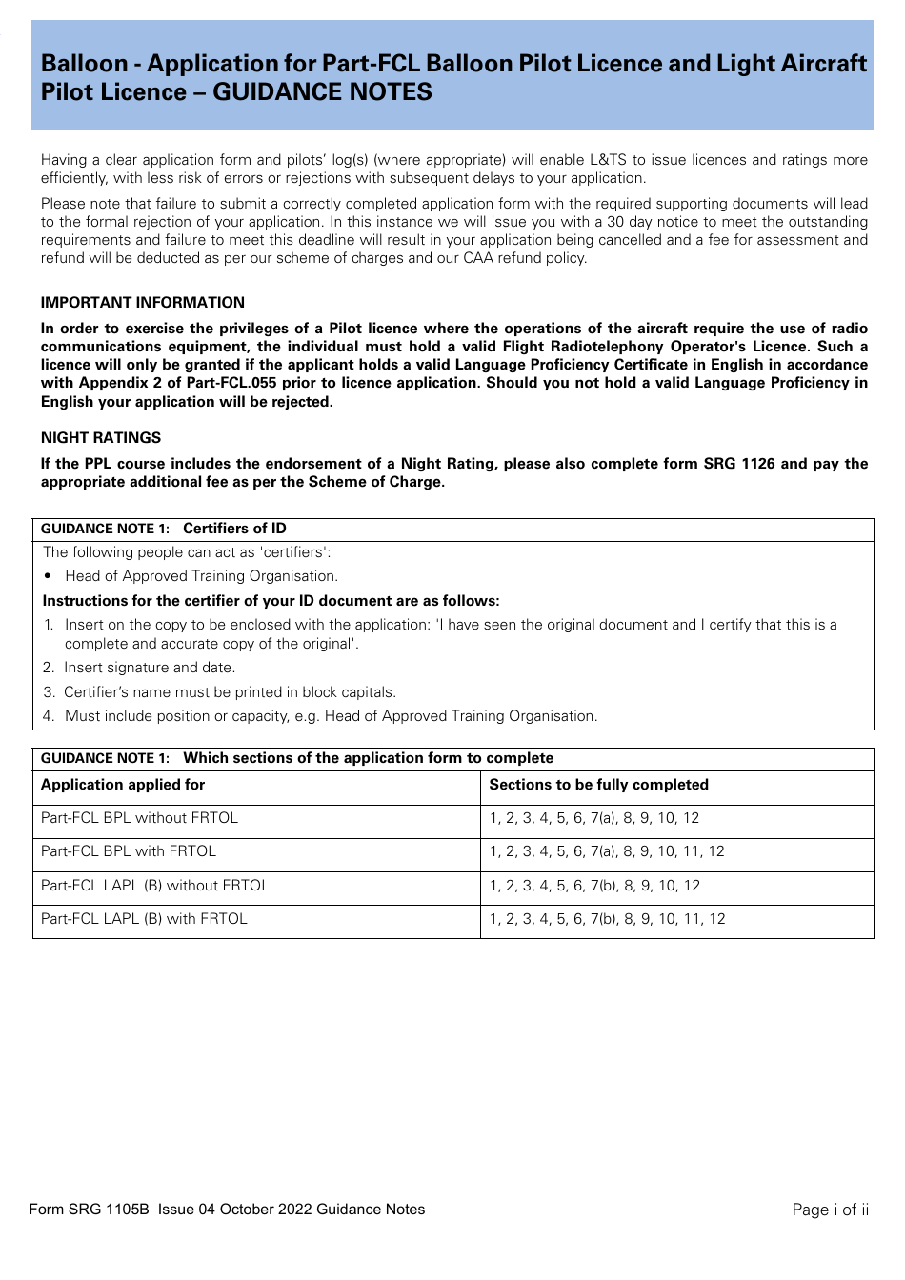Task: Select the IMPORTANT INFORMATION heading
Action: tap(143, 303)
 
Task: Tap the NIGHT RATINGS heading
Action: tap(101, 438)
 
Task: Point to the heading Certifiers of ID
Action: tap(234, 529)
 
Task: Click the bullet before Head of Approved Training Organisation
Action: tap(48, 576)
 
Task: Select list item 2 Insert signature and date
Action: tap(149, 668)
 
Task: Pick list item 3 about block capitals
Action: tap(229, 692)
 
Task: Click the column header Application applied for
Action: tap(123, 785)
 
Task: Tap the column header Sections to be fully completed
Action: tap(598, 785)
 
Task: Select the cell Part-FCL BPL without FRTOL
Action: tap(139, 818)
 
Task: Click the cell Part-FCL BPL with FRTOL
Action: tap(129, 851)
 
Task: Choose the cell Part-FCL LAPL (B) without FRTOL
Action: tap(155, 886)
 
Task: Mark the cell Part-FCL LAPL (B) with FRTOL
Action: tap(144, 919)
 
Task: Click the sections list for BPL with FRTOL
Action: tap(607, 851)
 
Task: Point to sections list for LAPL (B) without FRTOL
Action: tap(594, 886)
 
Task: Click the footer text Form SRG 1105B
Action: tap(90, 1210)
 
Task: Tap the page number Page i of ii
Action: tap(830, 1210)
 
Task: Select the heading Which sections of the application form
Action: tap(368, 758)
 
